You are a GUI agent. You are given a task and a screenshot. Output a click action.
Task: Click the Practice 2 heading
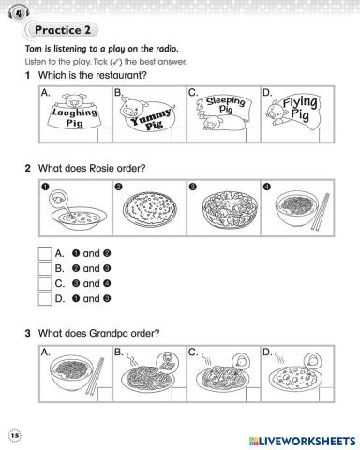[63, 30]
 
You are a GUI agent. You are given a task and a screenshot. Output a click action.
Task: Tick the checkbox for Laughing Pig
[105, 135]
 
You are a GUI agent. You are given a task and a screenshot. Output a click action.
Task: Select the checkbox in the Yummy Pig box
[179, 135]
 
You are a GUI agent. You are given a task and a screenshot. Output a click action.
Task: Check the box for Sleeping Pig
[253, 135]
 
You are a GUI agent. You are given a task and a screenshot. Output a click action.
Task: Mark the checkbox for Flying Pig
[326, 135]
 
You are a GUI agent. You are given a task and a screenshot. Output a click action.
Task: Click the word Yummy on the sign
[151, 116]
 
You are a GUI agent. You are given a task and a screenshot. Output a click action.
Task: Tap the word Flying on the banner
[300, 102]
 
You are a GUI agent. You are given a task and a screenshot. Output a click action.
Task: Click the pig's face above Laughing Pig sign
[74, 100]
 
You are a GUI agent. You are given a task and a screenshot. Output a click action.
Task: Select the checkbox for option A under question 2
[45, 253]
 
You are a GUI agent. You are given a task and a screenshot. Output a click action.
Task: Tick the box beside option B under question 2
[45, 268]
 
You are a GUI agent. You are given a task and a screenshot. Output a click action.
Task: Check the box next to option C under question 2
[45, 283]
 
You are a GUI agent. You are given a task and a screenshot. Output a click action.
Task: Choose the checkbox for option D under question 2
[45, 298]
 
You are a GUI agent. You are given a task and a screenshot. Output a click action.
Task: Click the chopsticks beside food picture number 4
[321, 211]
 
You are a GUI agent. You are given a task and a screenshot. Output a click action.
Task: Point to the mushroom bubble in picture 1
[59, 198]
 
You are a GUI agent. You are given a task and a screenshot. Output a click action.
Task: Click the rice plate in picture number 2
[150, 207]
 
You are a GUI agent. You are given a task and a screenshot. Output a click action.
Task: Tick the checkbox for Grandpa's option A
[105, 395]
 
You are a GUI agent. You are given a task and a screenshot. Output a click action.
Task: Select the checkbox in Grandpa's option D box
[326, 395]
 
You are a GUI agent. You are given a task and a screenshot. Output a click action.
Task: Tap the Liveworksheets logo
[302, 441]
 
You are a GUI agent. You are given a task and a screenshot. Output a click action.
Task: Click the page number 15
[15, 435]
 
